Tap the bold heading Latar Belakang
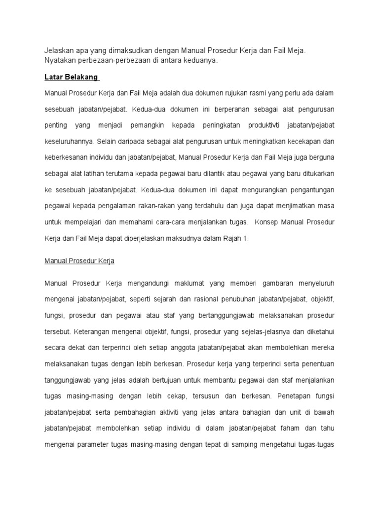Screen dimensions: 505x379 point(72,77)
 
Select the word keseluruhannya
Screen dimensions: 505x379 point(69,142)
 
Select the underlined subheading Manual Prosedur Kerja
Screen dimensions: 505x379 point(79,261)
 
